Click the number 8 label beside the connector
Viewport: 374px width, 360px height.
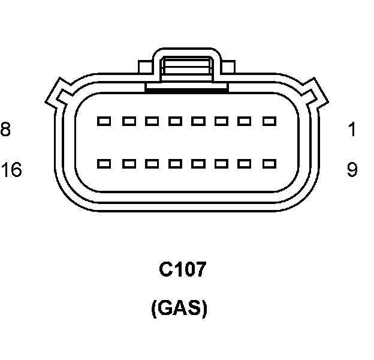(5, 129)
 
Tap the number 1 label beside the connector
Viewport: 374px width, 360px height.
(352, 129)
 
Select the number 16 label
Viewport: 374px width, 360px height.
(11, 170)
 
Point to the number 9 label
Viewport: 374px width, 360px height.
(352, 170)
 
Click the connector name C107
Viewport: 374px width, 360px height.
(182, 270)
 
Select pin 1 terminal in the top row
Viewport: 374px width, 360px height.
(269, 121)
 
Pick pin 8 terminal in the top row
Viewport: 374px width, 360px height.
(104, 121)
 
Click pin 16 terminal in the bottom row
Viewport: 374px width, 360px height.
(104, 163)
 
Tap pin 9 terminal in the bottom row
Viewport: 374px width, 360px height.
(269, 163)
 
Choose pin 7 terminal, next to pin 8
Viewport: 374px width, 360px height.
(128, 121)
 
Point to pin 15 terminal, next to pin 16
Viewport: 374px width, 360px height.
(128, 163)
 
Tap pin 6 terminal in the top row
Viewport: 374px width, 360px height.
(151, 121)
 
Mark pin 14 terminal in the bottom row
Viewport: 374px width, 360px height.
(151, 163)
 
